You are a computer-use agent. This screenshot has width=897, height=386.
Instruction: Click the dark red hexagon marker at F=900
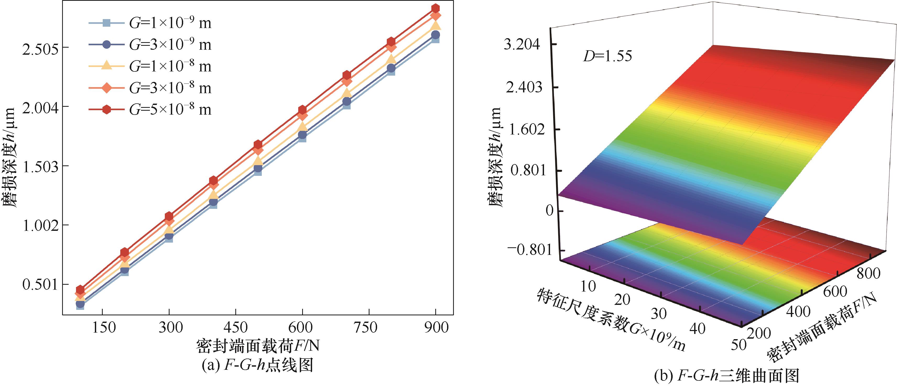tap(435, 8)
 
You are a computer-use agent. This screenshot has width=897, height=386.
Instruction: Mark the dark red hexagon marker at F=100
tap(80, 289)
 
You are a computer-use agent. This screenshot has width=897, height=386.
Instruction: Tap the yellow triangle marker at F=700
tap(346, 93)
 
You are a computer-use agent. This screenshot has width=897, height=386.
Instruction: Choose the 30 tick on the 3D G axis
tap(659, 314)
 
